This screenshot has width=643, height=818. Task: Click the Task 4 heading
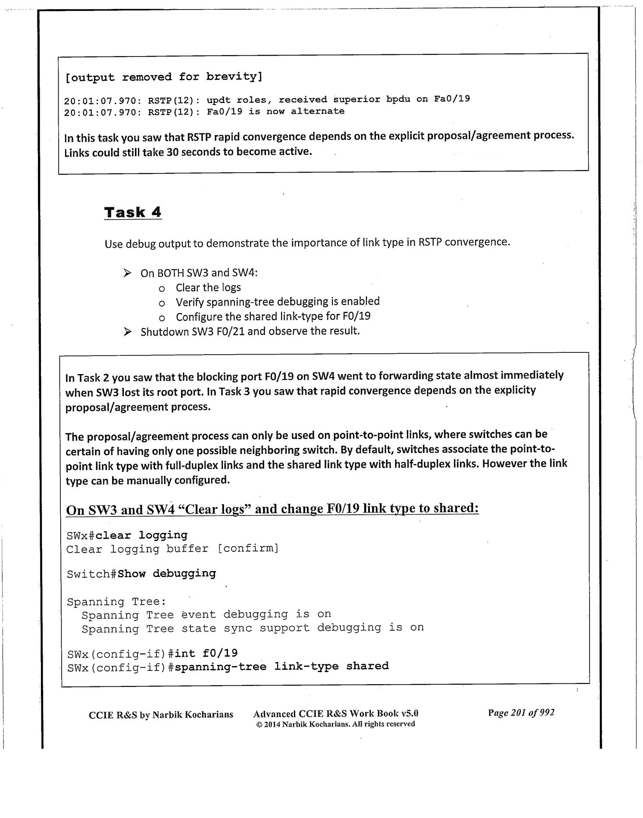tap(133, 212)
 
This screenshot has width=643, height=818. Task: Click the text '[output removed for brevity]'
tap(163, 77)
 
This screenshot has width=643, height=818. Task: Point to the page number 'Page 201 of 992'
tap(521, 713)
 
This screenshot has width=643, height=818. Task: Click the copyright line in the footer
tap(335, 724)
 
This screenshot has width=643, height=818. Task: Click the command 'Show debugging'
tap(167, 574)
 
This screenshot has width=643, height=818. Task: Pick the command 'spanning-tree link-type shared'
tap(282, 666)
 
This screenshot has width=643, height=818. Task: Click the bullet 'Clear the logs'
tap(208, 288)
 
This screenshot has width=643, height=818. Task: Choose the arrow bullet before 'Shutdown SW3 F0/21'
tap(127, 332)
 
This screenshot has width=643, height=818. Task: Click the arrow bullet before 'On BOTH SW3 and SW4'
tap(127, 273)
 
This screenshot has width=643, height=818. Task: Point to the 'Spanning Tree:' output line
tap(116, 601)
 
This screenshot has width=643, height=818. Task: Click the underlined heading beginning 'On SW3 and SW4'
tap(272, 509)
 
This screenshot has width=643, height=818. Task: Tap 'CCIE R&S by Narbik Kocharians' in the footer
tap(161, 714)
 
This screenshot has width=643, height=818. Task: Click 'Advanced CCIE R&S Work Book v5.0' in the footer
tap(336, 714)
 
